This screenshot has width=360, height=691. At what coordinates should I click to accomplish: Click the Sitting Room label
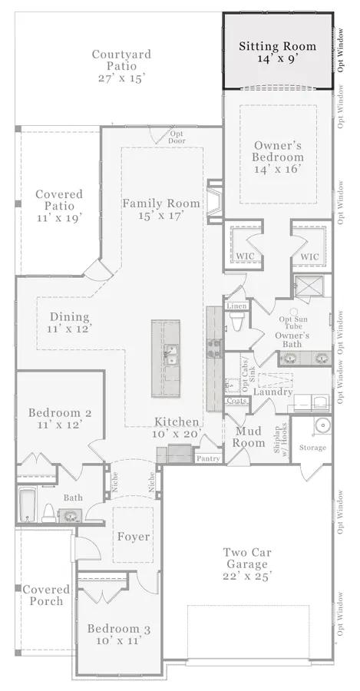(x=278, y=46)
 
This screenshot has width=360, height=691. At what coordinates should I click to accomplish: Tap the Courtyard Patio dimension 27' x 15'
(x=121, y=78)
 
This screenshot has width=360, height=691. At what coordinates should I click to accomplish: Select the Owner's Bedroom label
(x=278, y=151)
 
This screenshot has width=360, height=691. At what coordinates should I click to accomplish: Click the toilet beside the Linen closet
(x=236, y=322)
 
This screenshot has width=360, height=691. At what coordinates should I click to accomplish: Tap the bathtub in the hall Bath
(x=28, y=504)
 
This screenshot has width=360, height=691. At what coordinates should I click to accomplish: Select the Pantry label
(x=209, y=458)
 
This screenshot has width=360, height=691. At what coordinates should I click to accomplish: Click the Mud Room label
(x=249, y=437)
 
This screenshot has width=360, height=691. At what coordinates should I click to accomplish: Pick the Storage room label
(x=313, y=448)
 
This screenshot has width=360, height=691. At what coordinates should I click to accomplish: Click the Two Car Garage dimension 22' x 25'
(x=246, y=576)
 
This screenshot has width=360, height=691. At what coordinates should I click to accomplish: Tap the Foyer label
(x=134, y=537)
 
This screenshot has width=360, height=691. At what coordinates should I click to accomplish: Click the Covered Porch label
(x=46, y=595)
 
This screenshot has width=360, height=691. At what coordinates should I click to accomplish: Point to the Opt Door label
(x=177, y=137)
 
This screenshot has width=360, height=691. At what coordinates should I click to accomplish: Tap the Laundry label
(x=273, y=392)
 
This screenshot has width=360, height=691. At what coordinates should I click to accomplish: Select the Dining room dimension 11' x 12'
(x=69, y=329)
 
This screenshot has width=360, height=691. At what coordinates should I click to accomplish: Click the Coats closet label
(x=236, y=401)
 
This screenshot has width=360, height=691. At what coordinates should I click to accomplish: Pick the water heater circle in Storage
(x=323, y=425)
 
